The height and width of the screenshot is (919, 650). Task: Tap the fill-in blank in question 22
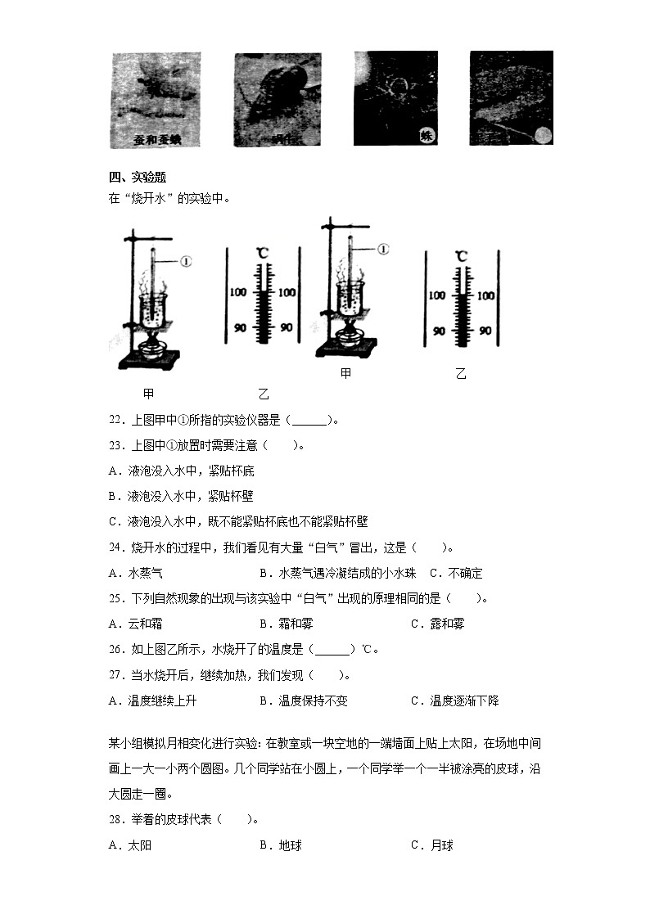(x=308, y=421)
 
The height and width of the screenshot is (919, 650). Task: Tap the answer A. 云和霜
(x=135, y=624)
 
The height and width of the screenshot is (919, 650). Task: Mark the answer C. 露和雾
(x=437, y=624)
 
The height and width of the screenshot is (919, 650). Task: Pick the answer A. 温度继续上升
(x=152, y=701)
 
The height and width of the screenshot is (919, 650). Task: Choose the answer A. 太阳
(x=129, y=845)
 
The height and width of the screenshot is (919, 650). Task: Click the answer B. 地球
(x=280, y=845)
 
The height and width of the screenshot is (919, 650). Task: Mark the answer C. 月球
(x=431, y=845)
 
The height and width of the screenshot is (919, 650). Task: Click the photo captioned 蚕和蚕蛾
(x=156, y=99)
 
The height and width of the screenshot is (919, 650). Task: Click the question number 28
(x=115, y=819)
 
